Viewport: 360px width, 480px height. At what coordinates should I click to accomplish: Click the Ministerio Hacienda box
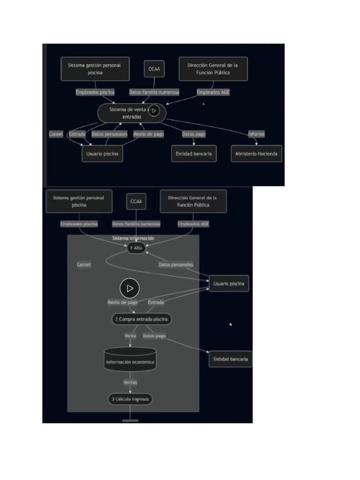256,154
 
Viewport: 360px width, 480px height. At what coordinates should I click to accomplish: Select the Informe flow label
256,135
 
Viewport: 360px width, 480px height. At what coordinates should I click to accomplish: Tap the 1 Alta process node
136,248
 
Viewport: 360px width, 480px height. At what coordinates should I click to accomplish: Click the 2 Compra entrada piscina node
141,319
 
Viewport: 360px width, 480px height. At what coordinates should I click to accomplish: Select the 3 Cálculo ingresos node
130,399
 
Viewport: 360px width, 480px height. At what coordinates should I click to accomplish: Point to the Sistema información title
133,239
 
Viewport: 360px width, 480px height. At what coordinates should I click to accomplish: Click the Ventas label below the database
130,382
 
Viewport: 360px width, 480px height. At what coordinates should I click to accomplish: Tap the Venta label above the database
130,336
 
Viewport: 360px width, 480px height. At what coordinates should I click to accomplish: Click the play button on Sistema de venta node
154,111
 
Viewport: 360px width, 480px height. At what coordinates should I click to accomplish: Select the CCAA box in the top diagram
154,68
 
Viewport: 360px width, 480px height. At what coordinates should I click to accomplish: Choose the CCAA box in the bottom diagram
136,202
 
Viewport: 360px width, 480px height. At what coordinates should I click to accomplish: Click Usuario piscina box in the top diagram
102,154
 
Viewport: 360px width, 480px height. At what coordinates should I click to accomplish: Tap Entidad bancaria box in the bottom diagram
230,360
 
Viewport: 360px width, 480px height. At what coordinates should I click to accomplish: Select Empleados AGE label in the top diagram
213,92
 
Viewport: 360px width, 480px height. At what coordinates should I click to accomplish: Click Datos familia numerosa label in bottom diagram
136,224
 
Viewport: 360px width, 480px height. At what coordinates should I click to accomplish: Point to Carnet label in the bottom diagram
84,265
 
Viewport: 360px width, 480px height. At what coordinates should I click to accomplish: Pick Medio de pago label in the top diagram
149,135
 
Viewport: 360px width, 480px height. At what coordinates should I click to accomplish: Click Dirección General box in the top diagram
213,69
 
